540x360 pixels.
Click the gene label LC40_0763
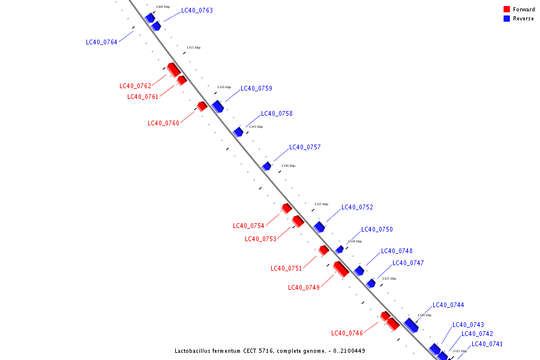197,10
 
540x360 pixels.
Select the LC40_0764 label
101,42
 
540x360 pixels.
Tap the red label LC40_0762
135,86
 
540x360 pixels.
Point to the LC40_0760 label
163,123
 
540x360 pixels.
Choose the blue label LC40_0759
256,88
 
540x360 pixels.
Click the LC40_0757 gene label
305,147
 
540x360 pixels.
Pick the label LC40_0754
248,226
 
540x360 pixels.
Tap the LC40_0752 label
357,207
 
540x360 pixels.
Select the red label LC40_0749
304,287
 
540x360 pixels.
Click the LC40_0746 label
347,333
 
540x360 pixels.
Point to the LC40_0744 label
448,305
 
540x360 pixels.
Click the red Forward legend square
506,9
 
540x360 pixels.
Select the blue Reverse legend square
506,19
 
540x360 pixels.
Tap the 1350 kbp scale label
224,87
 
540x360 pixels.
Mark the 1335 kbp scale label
321,204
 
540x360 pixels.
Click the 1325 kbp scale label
389,278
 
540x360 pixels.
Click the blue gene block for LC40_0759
218,106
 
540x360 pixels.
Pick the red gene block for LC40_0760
202,106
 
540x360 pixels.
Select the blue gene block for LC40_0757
266,166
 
